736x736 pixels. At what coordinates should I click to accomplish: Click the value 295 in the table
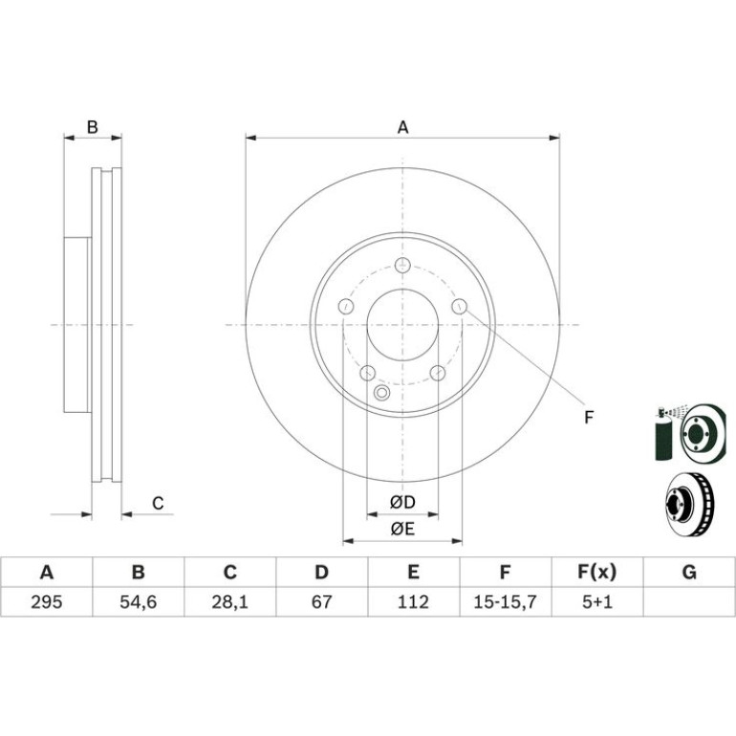pyautogui.click(x=47, y=602)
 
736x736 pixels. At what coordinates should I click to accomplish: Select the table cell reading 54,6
pyautogui.click(x=138, y=602)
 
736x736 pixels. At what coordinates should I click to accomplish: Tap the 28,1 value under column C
pyautogui.click(x=229, y=602)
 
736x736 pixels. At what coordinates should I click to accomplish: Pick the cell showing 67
pyautogui.click(x=321, y=602)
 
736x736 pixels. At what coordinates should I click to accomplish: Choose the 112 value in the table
pyautogui.click(x=413, y=602)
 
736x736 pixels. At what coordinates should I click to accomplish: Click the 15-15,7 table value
pyautogui.click(x=505, y=602)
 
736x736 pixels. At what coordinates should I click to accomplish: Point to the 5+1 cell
pyautogui.click(x=597, y=602)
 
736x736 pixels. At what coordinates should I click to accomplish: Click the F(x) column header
pyautogui.click(x=596, y=573)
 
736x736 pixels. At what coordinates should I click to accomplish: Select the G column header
pyautogui.click(x=689, y=573)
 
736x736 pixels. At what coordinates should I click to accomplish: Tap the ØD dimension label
pyautogui.click(x=402, y=502)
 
